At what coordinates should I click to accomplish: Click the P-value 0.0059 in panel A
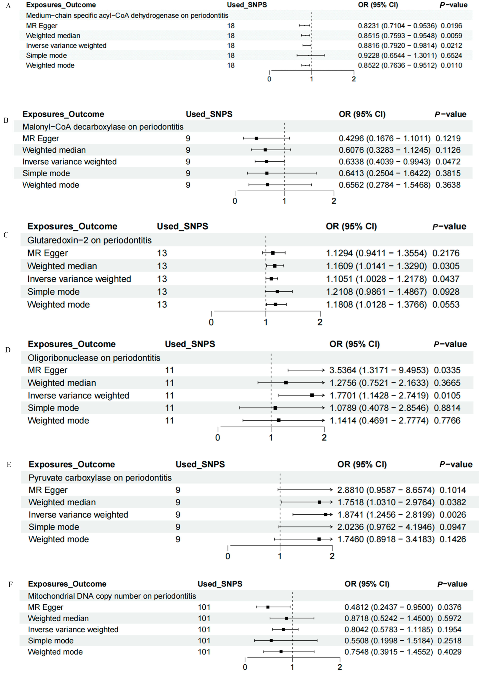click(x=451, y=36)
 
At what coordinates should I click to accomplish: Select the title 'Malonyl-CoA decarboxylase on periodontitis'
click(x=103, y=127)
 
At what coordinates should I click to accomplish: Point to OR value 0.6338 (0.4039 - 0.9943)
click(x=384, y=161)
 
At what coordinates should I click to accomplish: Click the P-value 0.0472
click(x=448, y=161)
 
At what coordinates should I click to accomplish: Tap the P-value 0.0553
click(x=446, y=304)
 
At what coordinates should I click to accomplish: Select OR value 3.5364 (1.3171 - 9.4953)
click(x=379, y=370)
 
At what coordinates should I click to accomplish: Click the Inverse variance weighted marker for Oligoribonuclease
click(x=312, y=395)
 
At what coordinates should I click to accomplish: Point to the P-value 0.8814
click(x=447, y=408)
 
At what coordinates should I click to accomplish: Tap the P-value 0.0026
click(x=453, y=515)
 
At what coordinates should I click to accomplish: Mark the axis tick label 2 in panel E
click(x=332, y=556)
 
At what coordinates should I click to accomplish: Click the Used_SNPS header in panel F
click(x=220, y=584)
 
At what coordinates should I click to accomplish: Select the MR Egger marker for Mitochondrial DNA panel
click(x=268, y=607)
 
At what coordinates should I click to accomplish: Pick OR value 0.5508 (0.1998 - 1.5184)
click(x=388, y=640)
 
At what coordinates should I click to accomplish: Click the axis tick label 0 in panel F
click(x=245, y=667)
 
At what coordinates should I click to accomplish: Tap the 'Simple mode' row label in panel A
click(x=47, y=55)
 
